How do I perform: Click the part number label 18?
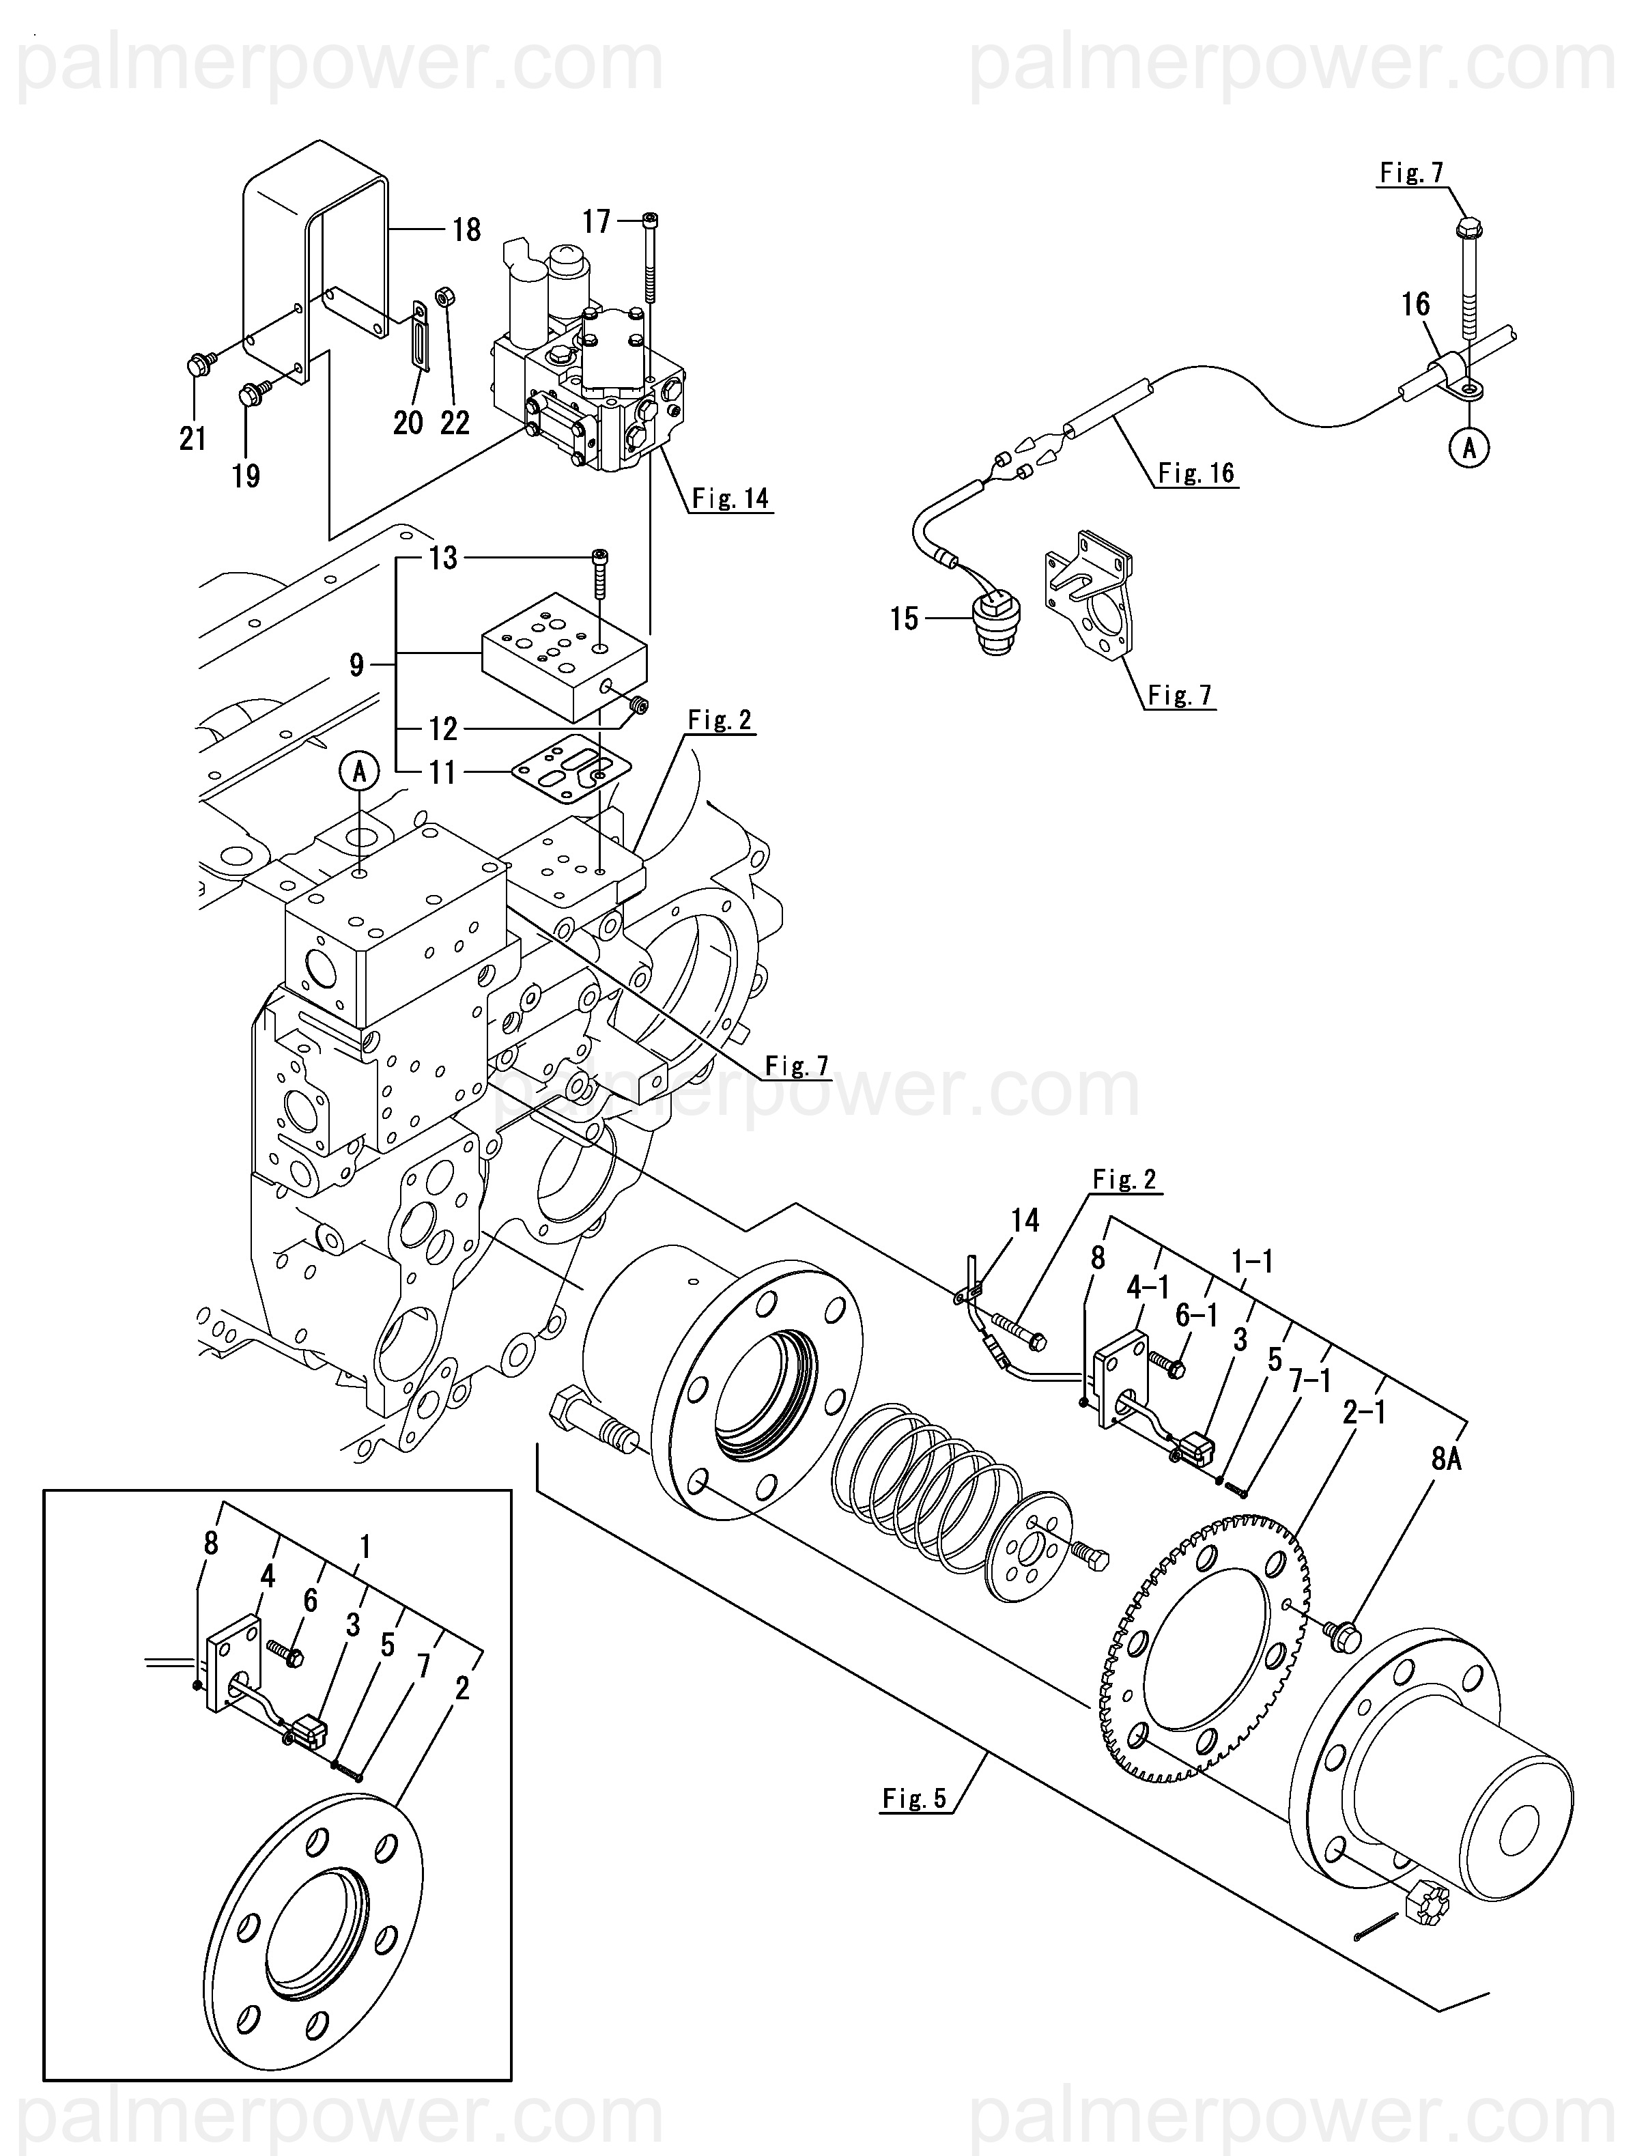click(467, 230)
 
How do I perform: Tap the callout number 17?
click(597, 223)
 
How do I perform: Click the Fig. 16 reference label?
click(1196, 474)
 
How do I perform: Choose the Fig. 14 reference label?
click(730, 499)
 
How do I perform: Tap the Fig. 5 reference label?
click(915, 1798)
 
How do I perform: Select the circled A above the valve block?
click(360, 772)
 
